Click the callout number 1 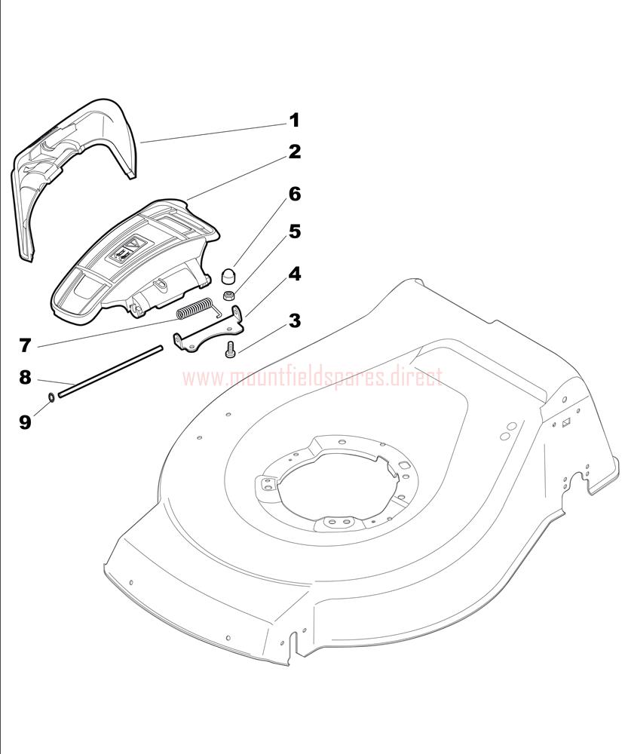(294, 120)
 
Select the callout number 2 (294, 152)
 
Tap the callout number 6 (294, 195)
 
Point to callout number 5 (294, 231)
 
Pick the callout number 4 (294, 274)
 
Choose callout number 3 (294, 320)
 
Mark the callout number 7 (25, 345)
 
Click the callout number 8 (25, 378)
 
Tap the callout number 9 (25, 421)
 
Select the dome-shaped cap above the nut (227, 277)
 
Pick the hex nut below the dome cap (228, 295)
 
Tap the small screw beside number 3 (230, 349)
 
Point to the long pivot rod (109, 371)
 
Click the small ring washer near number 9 (51, 397)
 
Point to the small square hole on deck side (566, 423)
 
